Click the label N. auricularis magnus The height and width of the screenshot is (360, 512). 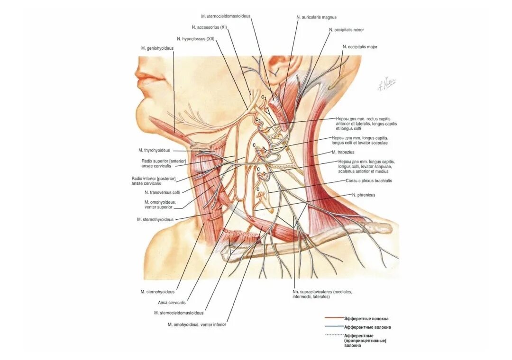[x=316, y=17]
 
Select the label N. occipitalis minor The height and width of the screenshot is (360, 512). [x=346, y=29]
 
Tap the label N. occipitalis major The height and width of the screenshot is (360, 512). [x=360, y=47]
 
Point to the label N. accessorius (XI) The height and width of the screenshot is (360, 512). [x=210, y=27]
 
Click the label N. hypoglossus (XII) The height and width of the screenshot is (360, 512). [x=196, y=39]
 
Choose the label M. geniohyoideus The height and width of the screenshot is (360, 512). [x=157, y=48]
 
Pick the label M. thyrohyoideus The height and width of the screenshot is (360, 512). [x=154, y=150]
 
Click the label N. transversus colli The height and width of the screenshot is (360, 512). [x=162, y=192]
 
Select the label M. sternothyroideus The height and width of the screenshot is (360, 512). [x=155, y=219]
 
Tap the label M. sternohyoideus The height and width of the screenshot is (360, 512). [x=157, y=292]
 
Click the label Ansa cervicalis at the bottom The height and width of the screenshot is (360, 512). [x=172, y=302]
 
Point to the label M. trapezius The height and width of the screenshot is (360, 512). [x=343, y=152]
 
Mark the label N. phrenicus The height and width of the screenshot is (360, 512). [x=363, y=195]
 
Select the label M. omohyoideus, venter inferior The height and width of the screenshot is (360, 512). [x=197, y=324]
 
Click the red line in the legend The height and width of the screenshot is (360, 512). [x=334, y=318]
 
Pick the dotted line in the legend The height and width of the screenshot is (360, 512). [x=334, y=335]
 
